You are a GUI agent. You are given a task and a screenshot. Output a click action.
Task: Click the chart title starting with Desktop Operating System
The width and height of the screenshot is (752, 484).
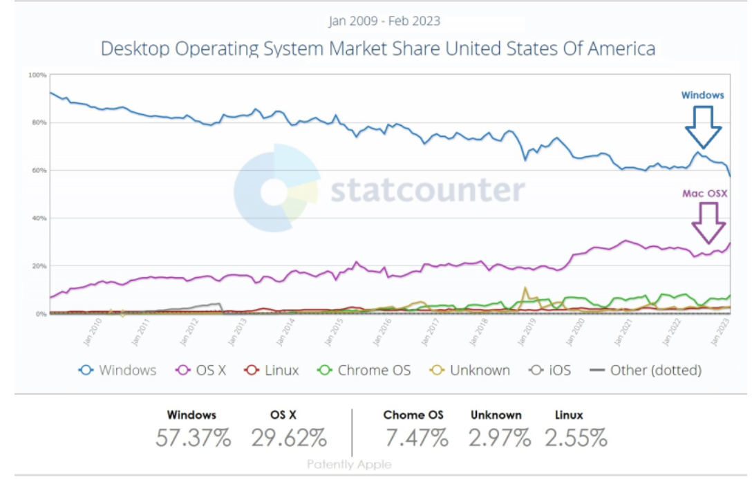tap(377, 49)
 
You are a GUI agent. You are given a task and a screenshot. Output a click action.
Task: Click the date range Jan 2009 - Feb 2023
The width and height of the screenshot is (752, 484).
tap(384, 21)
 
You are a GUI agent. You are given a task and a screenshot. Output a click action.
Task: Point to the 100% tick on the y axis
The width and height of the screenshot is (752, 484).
tap(37, 75)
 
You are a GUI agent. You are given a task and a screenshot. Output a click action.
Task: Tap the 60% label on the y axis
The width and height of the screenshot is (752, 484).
tap(39, 170)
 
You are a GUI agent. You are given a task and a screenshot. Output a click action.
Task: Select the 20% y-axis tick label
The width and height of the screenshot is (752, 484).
tap(39, 266)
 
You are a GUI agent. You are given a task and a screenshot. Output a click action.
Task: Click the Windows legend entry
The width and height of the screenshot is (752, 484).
tap(117, 370)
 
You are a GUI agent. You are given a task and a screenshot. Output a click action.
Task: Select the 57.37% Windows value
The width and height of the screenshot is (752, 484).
tap(193, 438)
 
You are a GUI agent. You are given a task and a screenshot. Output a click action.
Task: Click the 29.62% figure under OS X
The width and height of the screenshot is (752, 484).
tap(289, 438)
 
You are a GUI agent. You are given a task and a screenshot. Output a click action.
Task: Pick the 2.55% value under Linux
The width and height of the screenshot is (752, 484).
tap(575, 438)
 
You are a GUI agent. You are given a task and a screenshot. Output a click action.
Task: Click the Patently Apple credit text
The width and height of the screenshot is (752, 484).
tap(349, 465)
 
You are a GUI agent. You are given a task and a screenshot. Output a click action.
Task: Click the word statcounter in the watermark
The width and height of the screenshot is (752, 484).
tap(427, 189)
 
